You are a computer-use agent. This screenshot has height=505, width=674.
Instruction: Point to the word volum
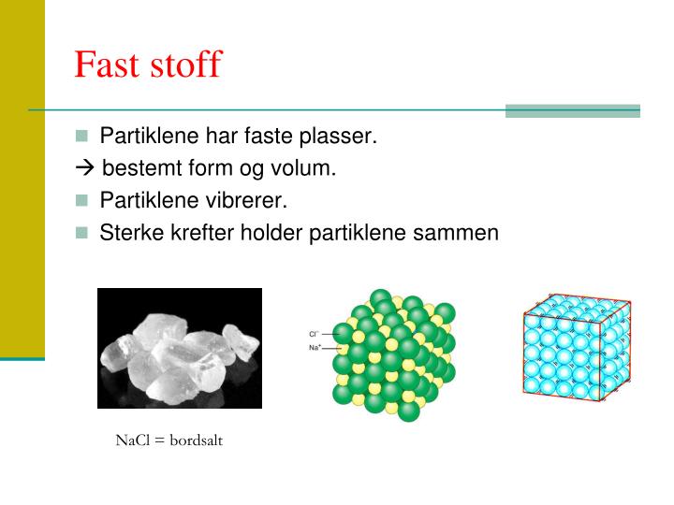[308, 169]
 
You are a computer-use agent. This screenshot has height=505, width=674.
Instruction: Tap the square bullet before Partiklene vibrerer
[82, 200]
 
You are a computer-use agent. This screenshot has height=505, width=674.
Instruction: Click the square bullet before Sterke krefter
[82, 232]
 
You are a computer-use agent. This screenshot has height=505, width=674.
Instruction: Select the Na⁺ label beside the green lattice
[315, 347]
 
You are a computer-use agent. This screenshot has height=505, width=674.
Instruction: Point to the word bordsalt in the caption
[196, 440]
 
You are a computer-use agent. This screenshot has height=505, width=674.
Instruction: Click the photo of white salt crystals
[180, 348]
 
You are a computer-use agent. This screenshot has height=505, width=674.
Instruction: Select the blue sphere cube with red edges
[575, 347]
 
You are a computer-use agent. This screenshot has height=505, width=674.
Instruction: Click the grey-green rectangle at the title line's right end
[572, 110]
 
